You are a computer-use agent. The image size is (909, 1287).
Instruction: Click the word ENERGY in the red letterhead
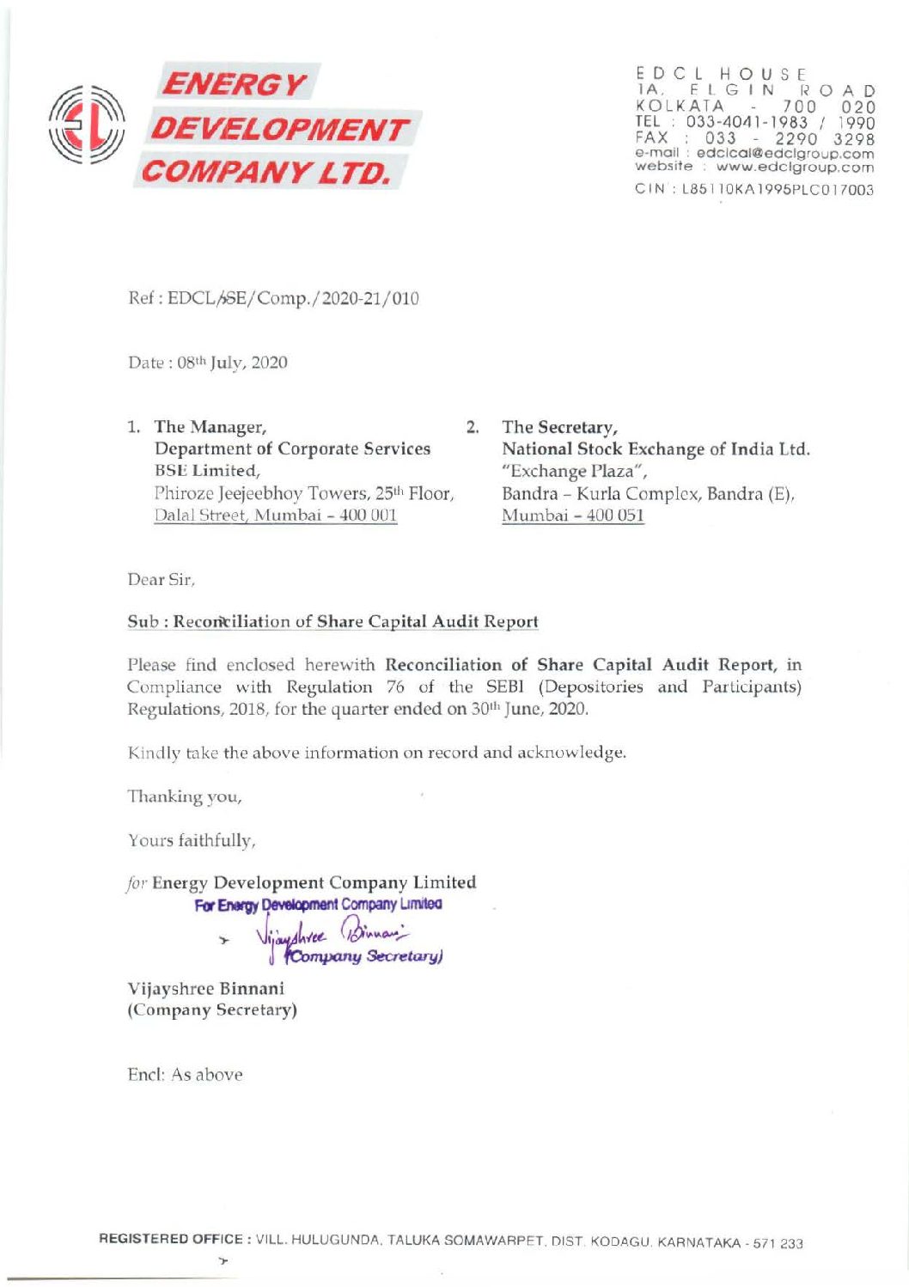pos(235,84)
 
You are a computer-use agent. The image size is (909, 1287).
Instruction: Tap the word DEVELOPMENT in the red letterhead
pos(280,130)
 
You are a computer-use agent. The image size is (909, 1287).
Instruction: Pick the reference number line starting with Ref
pos(273,299)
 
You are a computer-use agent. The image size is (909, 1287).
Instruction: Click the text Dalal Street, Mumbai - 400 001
pos(275,515)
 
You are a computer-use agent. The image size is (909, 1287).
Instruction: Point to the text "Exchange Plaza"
pos(574,471)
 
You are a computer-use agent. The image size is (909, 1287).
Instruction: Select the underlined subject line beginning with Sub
pos(332,622)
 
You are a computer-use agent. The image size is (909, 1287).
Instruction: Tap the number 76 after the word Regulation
pos(395,687)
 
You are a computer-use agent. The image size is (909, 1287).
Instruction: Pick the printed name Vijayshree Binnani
pos(206,988)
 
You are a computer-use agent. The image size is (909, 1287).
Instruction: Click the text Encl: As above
pos(185,1075)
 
